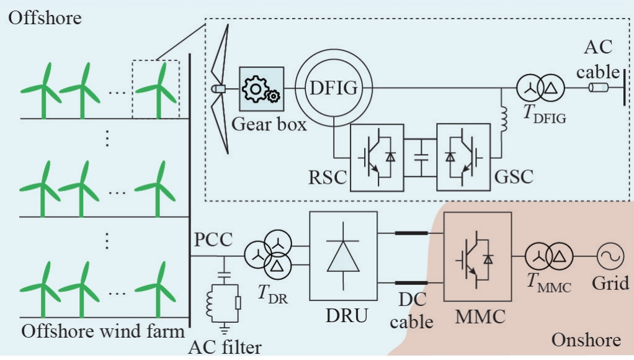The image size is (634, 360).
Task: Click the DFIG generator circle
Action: point(334,88)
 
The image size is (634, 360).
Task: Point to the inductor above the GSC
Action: point(502,119)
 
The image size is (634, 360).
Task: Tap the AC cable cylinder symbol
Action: point(600,89)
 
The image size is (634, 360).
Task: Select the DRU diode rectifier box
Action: point(342,253)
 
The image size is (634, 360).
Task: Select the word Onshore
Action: point(586,340)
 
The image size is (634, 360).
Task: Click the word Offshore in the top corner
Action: point(44,17)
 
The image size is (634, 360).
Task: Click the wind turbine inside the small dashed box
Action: point(157,87)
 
